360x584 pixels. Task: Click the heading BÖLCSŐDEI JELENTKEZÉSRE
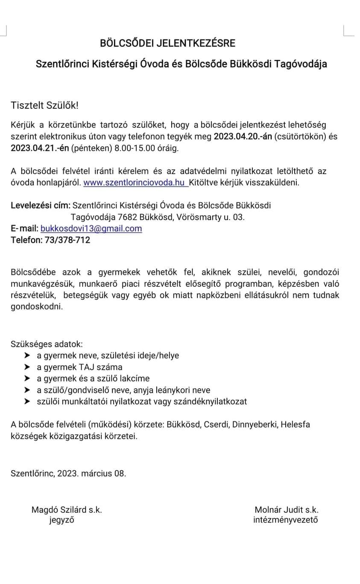click(x=167, y=43)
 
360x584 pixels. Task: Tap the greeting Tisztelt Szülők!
click(x=45, y=105)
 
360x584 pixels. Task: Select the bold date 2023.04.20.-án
click(x=243, y=137)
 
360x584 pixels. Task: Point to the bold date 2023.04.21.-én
click(x=40, y=149)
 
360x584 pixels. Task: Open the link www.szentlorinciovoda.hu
click(x=134, y=183)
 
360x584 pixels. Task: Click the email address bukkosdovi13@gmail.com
click(x=91, y=228)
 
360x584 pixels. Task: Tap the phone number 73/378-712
click(x=67, y=240)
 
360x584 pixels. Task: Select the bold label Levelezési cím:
click(x=41, y=205)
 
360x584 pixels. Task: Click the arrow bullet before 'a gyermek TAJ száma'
click(x=27, y=367)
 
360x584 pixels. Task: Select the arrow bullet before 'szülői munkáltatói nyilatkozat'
click(x=27, y=401)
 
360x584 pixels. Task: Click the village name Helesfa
click(x=296, y=425)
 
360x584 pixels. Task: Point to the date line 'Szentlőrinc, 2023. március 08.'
click(x=68, y=473)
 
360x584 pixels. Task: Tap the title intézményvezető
click(x=285, y=520)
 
